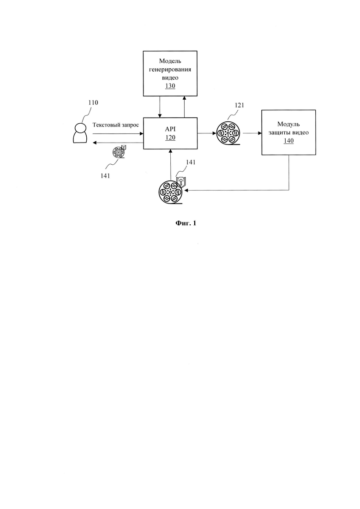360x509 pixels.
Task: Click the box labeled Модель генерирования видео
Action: pyautogui.click(x=170, y=73)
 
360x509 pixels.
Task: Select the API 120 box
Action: pyautogui.click(x=170, y=133)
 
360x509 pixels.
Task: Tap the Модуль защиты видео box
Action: pyautogui.click(x=288, y=132)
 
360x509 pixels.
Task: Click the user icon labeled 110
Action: pyautogui.click(x=79, y=133)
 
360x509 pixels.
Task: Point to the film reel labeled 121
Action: pyautogui.click(x=228, y=133)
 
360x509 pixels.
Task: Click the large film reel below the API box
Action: pyautogui.click(x=171, y=192)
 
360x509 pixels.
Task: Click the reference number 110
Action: pyautogui.click(x=93, y=102)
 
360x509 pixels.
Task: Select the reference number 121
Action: pyautogui.click(x=239, y=105)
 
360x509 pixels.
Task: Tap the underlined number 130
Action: pyautogui.click(x=170, y=86)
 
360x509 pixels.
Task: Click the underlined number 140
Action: pyautogui.click(x=288, y=141)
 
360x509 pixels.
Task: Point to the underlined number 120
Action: pyautogui.click(x=170, y=138)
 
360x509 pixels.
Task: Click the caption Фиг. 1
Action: pyautogui.click(x=186, y=223)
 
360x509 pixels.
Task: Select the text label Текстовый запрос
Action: pyautogui.click(x=115, y=125)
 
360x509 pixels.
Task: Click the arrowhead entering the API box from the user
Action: pyautogui.click(x=141, y=133)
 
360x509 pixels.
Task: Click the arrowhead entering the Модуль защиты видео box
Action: pyautogui.click(x=260, y=133)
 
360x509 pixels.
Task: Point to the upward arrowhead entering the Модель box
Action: pyautogui.click(x=184, y=98)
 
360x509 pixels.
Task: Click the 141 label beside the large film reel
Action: pyautogui.click(x=191, y=162)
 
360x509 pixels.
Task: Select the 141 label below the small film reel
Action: pyautogui.click(x=105, y=176)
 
